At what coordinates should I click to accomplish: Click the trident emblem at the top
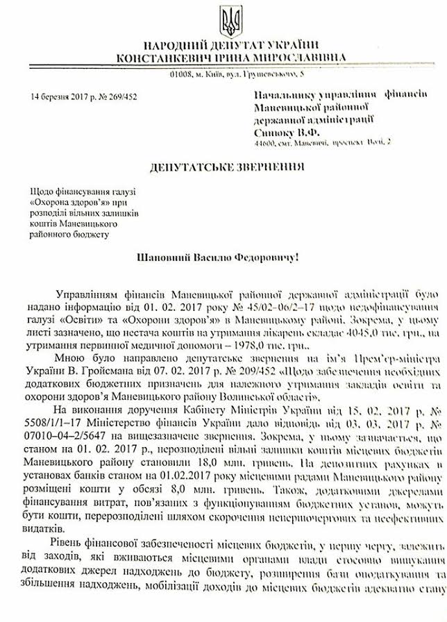pos(230,22)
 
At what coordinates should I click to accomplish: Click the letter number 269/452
pos(122,96)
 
